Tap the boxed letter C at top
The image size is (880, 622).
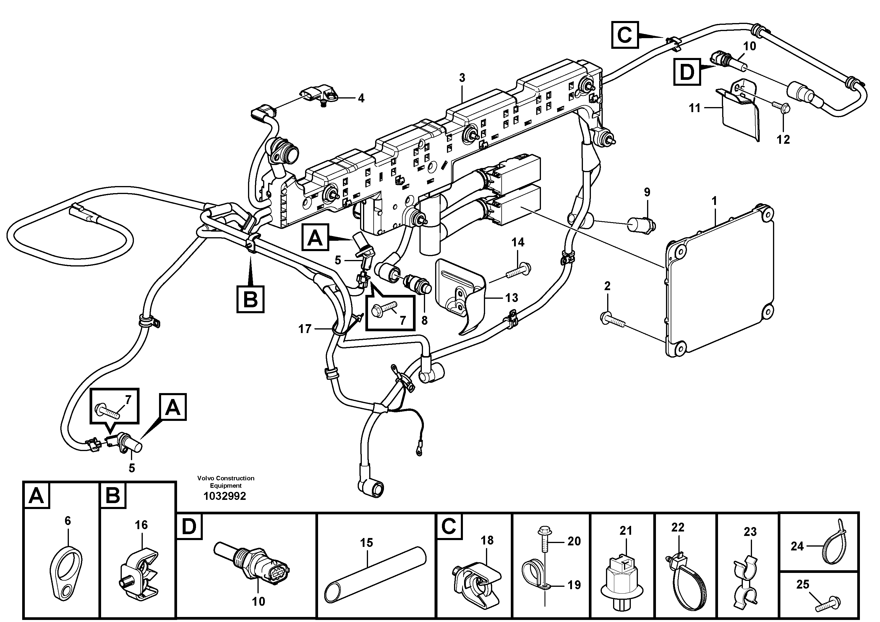point(625,35)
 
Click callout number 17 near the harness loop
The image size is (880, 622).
point(305,329)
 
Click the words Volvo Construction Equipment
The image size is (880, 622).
point(226,482)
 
